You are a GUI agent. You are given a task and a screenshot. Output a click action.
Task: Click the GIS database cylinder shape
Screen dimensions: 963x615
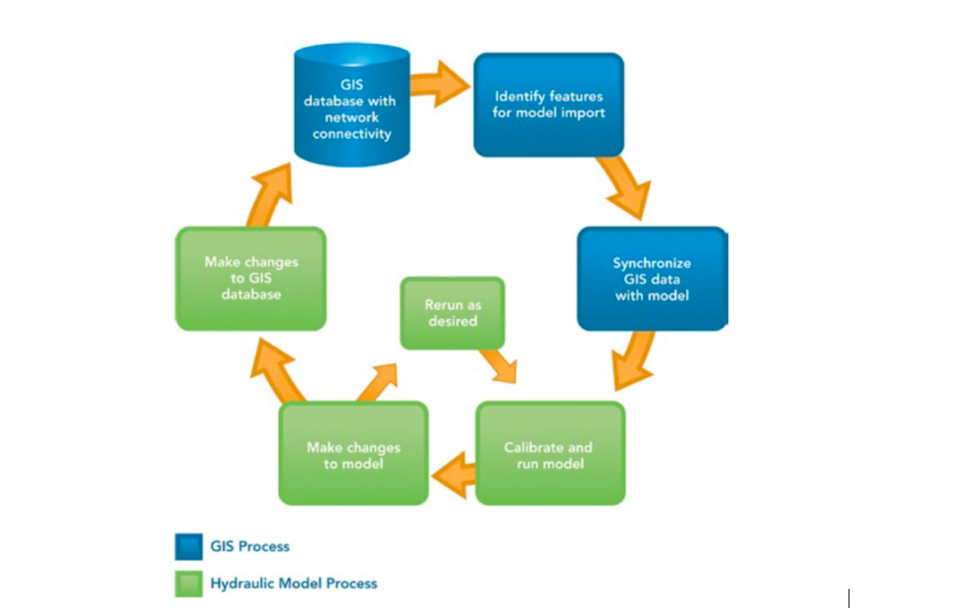pyautogui.click(x=352, y=105)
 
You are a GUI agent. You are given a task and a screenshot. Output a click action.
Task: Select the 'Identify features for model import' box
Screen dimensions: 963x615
pyautogui.click(x=548, y=105)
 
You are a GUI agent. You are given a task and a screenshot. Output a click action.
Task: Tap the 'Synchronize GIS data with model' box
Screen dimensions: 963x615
pyautogui.click(x=652, y=279)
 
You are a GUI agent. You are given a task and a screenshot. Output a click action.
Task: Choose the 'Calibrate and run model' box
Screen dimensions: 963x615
pyautogui.click(x=550, y=453)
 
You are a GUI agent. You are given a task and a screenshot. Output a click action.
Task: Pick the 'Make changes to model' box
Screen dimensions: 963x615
pyautogui.click(x=354, y=453)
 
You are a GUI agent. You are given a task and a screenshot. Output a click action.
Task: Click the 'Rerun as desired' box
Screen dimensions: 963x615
pyautogui.click(x=452, y=313)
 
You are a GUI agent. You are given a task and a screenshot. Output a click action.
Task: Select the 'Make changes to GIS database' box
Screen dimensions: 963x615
pyautogui.click(x=250, y=279)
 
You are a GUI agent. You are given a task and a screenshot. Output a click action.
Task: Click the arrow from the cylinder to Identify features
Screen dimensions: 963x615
pyautogui.click(x=439, y=83)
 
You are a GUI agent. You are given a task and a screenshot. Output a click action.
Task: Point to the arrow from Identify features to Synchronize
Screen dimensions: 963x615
pyautogui.click(x=625, y=186)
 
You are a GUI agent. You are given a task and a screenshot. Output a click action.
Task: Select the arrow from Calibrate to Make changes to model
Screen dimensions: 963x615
pyautogui.click(x=453, y=476)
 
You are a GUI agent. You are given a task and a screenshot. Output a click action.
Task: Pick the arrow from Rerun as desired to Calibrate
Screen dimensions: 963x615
pyautogui.click(x=499, y=366)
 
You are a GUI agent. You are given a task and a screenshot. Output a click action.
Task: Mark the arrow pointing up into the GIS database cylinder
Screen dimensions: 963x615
pyautogui.click(x=270, y=195)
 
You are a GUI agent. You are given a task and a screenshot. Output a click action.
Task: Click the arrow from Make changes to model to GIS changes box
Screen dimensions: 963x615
pyautogui.click(x=276, y=370)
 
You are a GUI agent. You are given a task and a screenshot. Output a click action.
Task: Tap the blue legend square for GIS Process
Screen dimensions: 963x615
pyautogui.click(x=189, y=546)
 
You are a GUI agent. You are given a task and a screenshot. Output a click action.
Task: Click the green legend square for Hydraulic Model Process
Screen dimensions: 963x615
pyautogui.click(x=189, y=584)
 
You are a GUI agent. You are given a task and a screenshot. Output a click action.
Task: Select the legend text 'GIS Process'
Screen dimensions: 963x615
pyautogui.click(x=250, y=546)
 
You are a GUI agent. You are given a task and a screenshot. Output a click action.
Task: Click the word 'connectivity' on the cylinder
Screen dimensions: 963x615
pyautogui.click(x=352, y=134)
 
